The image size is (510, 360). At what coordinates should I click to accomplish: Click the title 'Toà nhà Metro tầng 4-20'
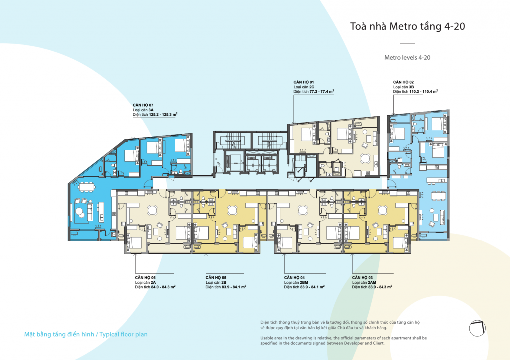407,26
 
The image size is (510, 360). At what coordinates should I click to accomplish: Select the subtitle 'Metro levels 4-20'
407,58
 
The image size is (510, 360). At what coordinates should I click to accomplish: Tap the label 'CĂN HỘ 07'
143,105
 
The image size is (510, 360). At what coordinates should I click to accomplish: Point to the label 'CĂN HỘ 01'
304,82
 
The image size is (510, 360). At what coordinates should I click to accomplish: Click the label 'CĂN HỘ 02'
403,82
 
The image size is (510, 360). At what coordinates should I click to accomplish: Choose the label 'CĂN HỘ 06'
145,278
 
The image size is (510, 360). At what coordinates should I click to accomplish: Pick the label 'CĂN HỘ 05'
216,278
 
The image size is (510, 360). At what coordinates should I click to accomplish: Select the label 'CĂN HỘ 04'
294,278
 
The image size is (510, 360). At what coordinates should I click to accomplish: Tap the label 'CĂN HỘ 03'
362,278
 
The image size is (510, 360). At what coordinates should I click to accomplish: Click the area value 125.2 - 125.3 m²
163,114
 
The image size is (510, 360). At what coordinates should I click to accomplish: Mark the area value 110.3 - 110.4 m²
423,92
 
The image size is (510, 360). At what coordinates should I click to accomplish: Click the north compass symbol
477,328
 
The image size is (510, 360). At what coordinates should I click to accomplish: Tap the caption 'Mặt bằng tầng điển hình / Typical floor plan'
86,334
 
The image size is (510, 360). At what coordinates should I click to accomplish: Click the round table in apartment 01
365,158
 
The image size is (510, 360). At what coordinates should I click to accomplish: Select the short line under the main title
407,44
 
